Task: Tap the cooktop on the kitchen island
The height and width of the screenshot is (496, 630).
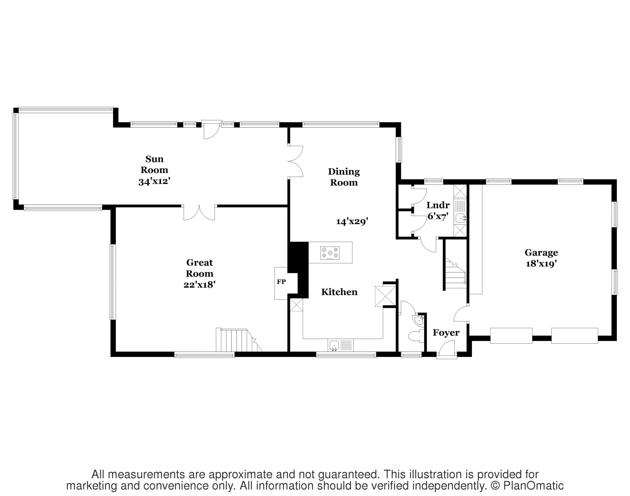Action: click(330, 253)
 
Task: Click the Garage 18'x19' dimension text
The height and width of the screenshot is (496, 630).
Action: click(541, 264)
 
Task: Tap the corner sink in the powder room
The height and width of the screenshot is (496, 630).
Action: click(419, 320)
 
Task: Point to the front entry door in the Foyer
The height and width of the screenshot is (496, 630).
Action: click(447, 348)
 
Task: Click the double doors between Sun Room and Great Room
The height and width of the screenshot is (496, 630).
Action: click(199, 213)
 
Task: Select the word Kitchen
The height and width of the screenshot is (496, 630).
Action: click(339, 292)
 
